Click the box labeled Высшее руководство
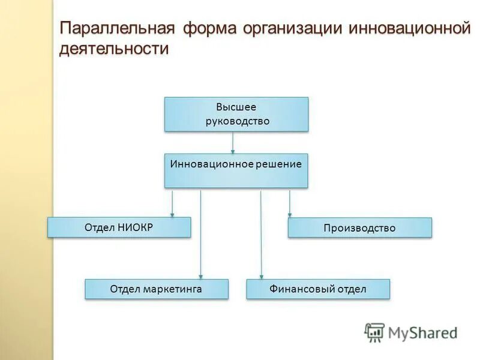pyautogui.click(x=236, y=114)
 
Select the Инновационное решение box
pyautogui.click(x=236, y=170)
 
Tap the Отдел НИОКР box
pyautogui.click(x=119, y=227)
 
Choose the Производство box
pyautogui.click(x=359, y=227)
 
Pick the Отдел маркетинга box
pyautogui.click(x=156, y=289)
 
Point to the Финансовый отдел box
pyautogui.click(x=318, y=289)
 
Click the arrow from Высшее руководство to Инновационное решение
pyautogui.click(x=233, y=142)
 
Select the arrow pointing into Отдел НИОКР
pyautogui.click(x=172, y=203)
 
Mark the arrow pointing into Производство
pyautogui.click(x=290, y=203)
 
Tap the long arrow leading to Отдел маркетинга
pyautogui.click(x=200, y=234)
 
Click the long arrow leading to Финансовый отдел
pyautogui.click(x=261, y=234)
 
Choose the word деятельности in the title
pyautogui.click(x=114, y=49)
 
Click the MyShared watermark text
pyautogui.click(x=422, y=332)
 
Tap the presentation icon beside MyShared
pyautogui.click(x=374, y=332)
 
